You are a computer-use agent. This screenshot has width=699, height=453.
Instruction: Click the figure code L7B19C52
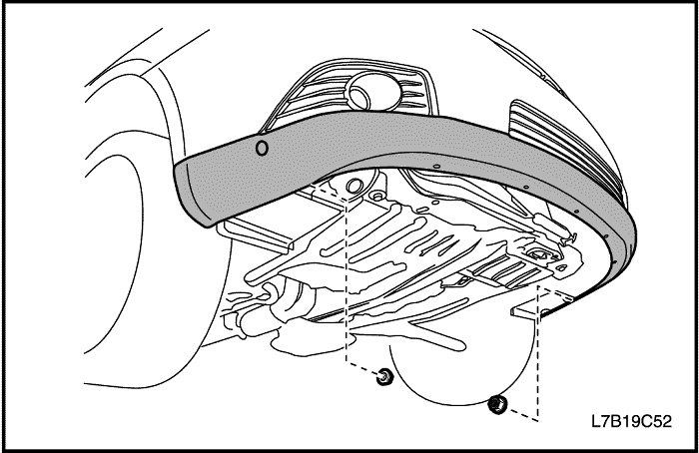click(631, 421)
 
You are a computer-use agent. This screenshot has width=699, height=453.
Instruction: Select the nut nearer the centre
click(383, 378)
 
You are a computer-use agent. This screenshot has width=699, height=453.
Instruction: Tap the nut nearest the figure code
click(496, 404)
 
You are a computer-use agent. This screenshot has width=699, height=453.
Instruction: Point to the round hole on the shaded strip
click(262, 149)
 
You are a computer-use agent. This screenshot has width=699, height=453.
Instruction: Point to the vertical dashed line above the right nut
click(537, 353)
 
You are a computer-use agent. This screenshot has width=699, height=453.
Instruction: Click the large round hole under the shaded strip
click(354, 187)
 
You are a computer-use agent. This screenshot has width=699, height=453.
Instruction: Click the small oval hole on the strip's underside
click(436, 167)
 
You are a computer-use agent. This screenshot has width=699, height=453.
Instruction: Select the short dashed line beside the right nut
click(521, 414)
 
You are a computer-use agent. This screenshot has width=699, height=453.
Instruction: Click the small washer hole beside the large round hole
click(378, 196)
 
